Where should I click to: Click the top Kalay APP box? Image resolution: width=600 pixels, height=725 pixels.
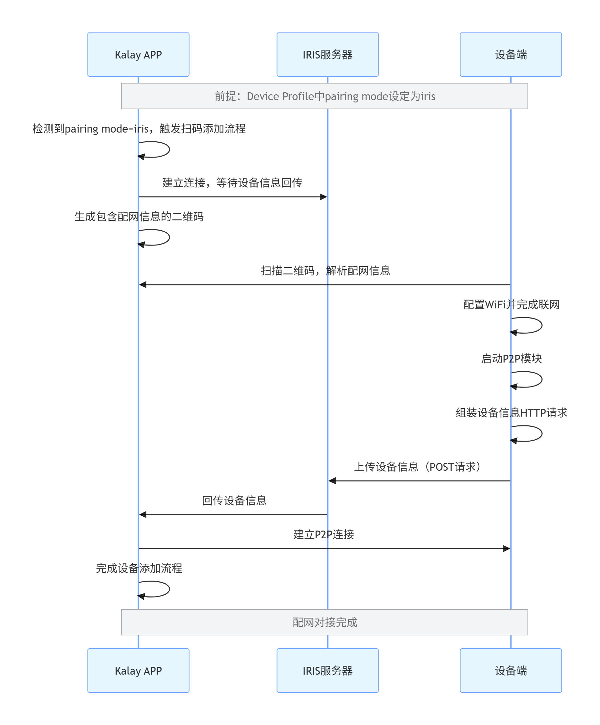[138, 54]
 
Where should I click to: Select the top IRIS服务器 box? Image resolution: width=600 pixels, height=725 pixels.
[327, 54]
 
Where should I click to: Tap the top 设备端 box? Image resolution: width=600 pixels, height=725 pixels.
[510, 54]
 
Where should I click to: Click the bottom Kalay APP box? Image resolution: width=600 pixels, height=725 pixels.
[138, 670]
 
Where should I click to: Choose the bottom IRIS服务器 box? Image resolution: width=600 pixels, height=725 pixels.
[327, 670]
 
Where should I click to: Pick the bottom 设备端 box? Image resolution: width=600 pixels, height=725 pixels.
[510, 670]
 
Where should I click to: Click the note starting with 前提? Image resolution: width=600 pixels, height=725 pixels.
[324, 96]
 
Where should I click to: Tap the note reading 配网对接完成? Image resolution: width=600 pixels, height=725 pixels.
[324, 622]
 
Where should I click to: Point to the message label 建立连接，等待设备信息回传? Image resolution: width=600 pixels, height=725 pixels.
[232, 182]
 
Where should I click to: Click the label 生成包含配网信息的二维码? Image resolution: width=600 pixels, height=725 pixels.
[139, 216]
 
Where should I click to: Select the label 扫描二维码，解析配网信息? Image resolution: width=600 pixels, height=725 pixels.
[325, 270]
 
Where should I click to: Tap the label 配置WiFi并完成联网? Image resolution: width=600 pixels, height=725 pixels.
[511, 304]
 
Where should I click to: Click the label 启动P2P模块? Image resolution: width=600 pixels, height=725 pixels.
[511, 358]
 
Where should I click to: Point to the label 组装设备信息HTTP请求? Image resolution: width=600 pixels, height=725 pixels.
[511, 412]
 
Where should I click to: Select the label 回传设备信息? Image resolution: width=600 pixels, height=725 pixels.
[234, 500]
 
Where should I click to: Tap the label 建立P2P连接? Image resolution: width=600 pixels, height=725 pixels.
[323, 534]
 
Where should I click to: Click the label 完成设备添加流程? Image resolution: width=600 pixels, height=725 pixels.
[139, 568]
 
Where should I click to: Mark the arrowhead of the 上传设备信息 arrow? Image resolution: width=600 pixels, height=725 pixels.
[332, 481]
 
